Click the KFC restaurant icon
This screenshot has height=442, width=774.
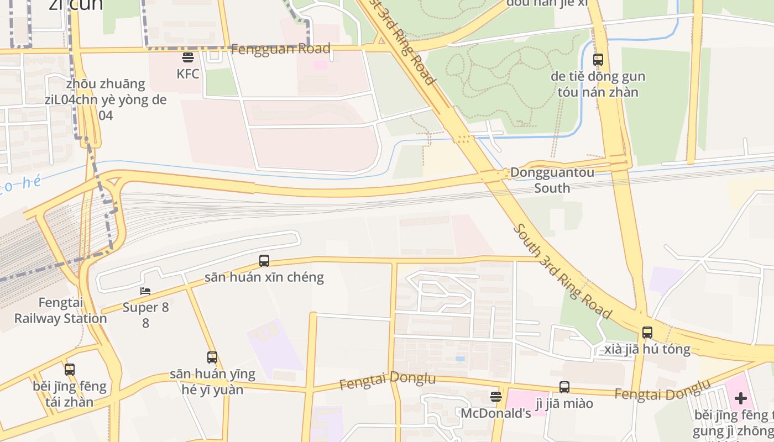[187, 57]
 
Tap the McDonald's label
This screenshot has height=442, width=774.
[495, 413]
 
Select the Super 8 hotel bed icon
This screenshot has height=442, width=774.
[145, 291]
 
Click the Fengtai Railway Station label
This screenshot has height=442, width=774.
[60, 311]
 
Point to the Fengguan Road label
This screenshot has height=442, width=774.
[281, 49]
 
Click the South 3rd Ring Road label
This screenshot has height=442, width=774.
[563, 271]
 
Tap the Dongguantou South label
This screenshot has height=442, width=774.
[552, 180]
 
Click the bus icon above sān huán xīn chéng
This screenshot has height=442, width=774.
[264, 261]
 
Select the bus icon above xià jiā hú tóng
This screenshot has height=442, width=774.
[647, 333]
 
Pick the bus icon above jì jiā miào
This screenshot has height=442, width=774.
[564, 387]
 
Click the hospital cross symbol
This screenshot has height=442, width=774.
[740, 398]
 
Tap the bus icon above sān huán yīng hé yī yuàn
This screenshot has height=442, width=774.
[212, 357]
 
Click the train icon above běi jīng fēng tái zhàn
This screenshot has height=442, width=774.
[70, 370]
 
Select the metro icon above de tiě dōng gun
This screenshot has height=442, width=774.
[598, 60]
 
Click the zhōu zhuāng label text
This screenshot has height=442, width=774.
[105, 85]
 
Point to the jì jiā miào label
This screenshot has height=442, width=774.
[564, 403]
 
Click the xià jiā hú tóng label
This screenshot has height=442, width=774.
[647, 349]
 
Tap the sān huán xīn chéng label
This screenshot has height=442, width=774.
[264, 277]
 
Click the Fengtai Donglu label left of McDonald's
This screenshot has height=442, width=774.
[387, 380]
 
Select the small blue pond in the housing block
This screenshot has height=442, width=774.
[460, 359]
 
